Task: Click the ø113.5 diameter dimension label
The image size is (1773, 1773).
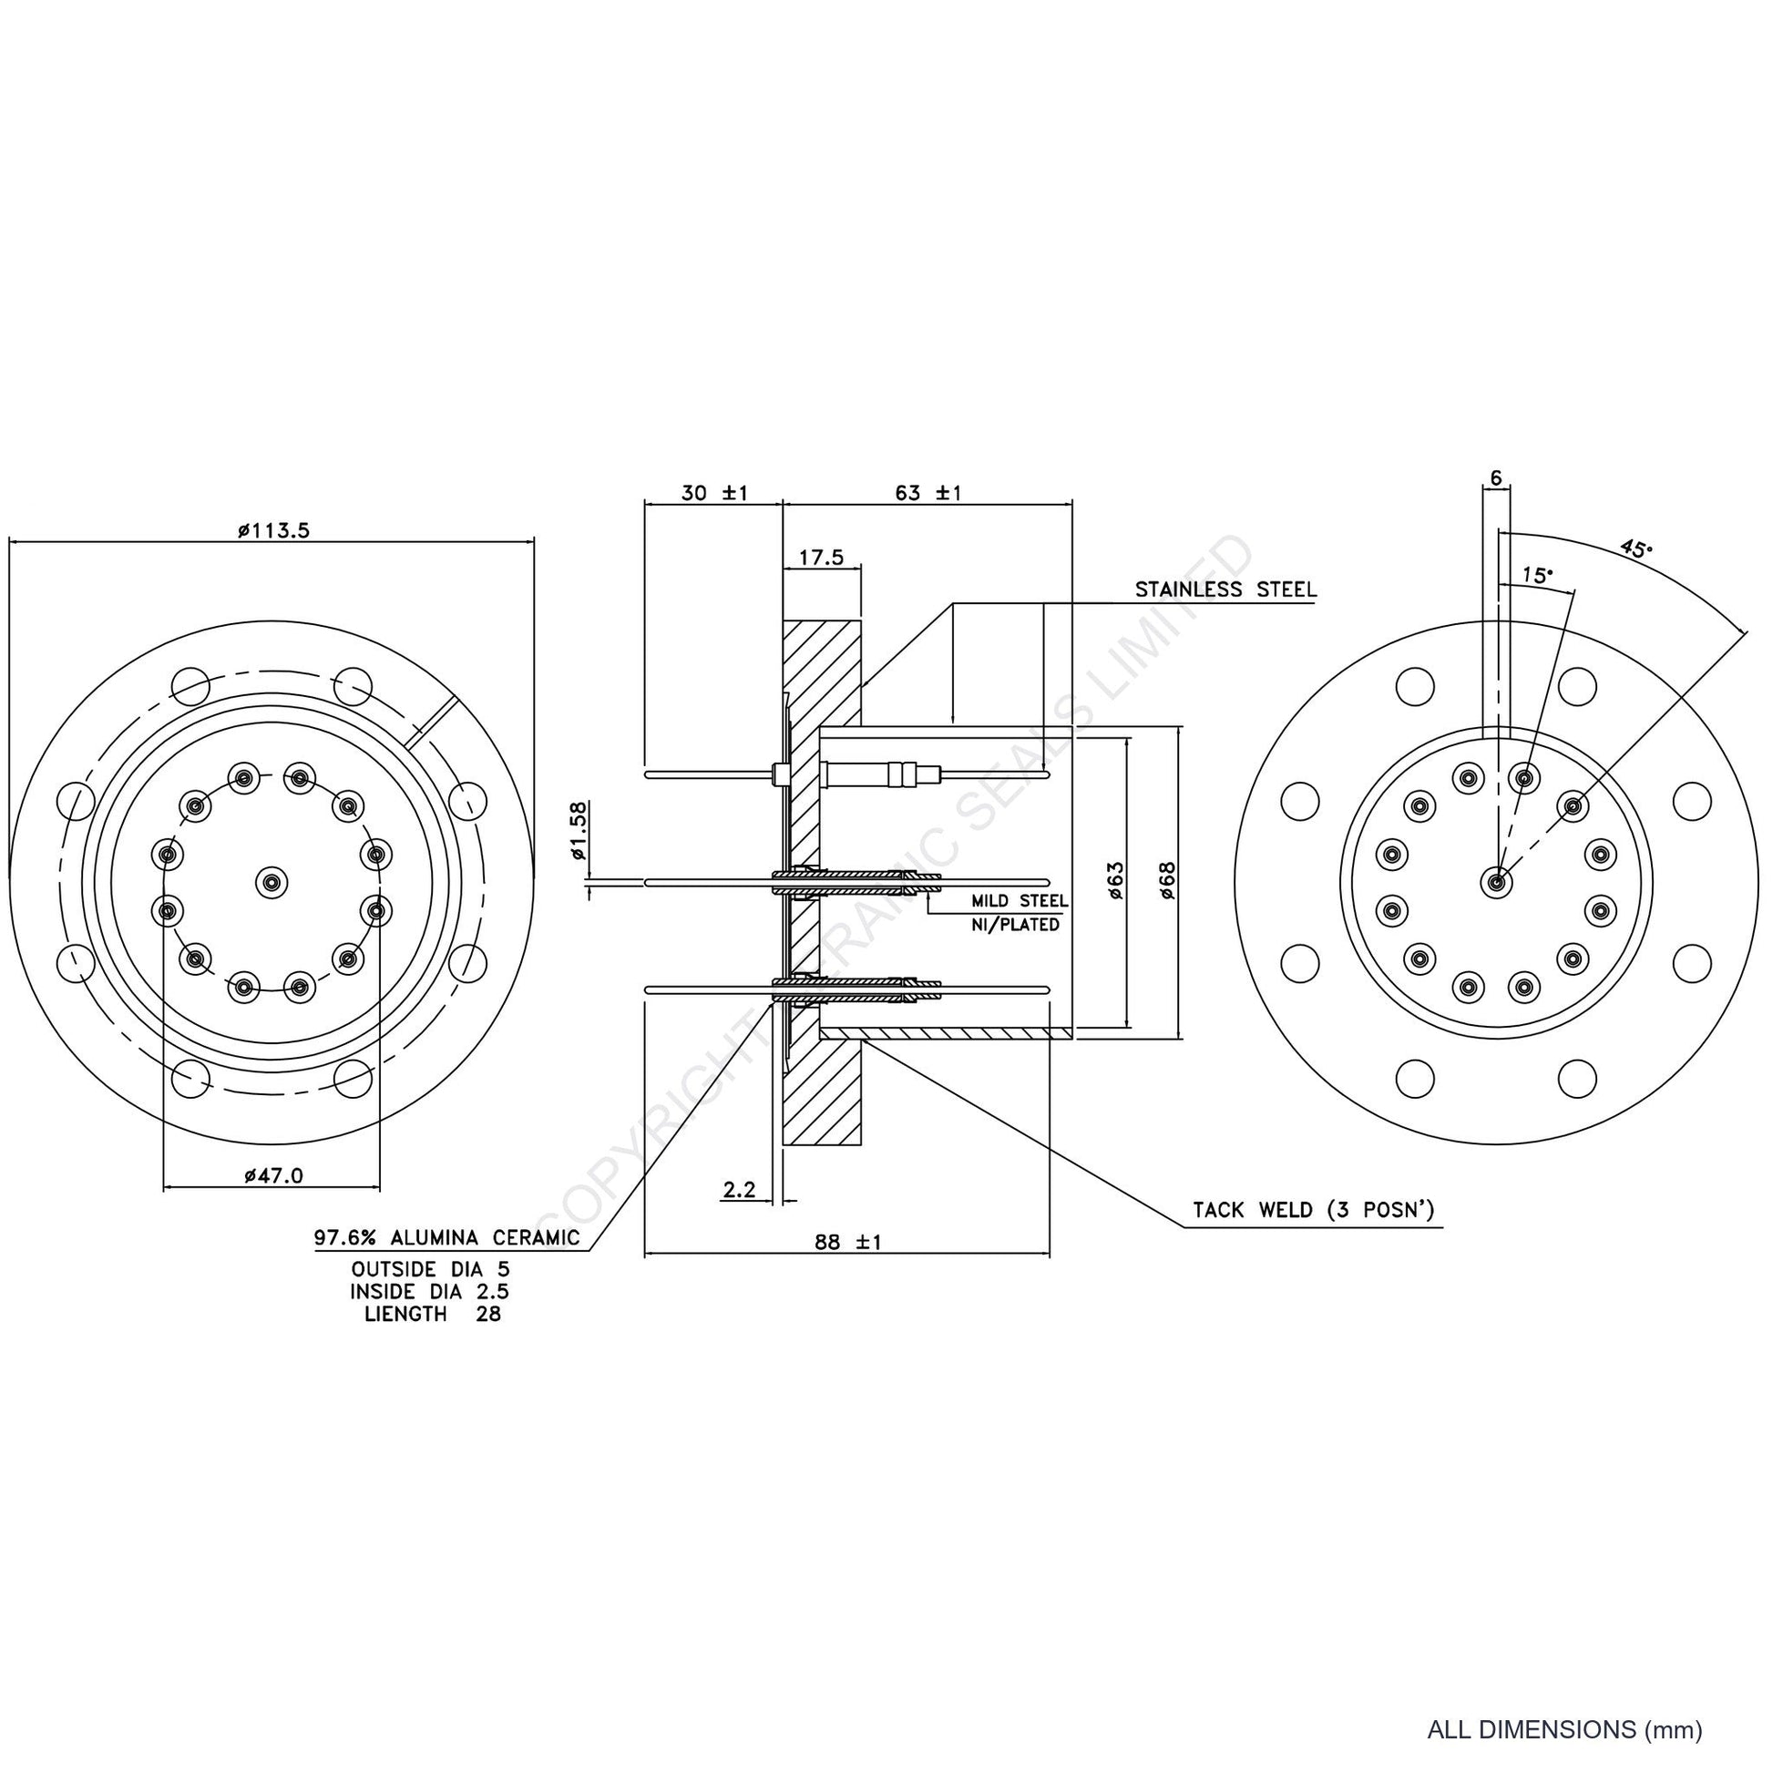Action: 273,530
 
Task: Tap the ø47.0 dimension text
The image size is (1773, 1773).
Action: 273,1175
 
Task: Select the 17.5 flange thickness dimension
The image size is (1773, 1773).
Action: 821,557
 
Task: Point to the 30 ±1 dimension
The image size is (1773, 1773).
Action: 715,493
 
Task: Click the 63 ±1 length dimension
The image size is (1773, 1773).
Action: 927,493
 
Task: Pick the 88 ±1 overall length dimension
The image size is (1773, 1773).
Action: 848,1242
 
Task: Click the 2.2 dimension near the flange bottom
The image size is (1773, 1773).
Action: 740,1190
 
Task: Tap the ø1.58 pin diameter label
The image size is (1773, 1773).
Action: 579,831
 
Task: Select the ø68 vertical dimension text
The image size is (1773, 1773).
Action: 1167,880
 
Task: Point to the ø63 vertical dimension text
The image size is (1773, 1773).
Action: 1115,880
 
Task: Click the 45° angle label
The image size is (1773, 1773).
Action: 1635,548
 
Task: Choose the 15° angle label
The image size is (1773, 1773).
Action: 1538,576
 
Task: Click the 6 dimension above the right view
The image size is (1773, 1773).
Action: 1496,478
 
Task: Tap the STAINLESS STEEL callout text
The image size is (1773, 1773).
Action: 1225,589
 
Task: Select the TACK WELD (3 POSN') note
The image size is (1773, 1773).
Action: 1313,1210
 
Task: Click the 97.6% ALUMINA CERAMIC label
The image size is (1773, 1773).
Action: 447,1237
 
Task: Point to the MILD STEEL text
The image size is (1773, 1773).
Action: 1020,901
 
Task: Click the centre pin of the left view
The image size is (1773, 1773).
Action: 271,882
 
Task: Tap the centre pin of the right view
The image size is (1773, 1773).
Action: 1496,882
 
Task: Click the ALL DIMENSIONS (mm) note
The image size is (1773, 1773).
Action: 1564,1729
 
